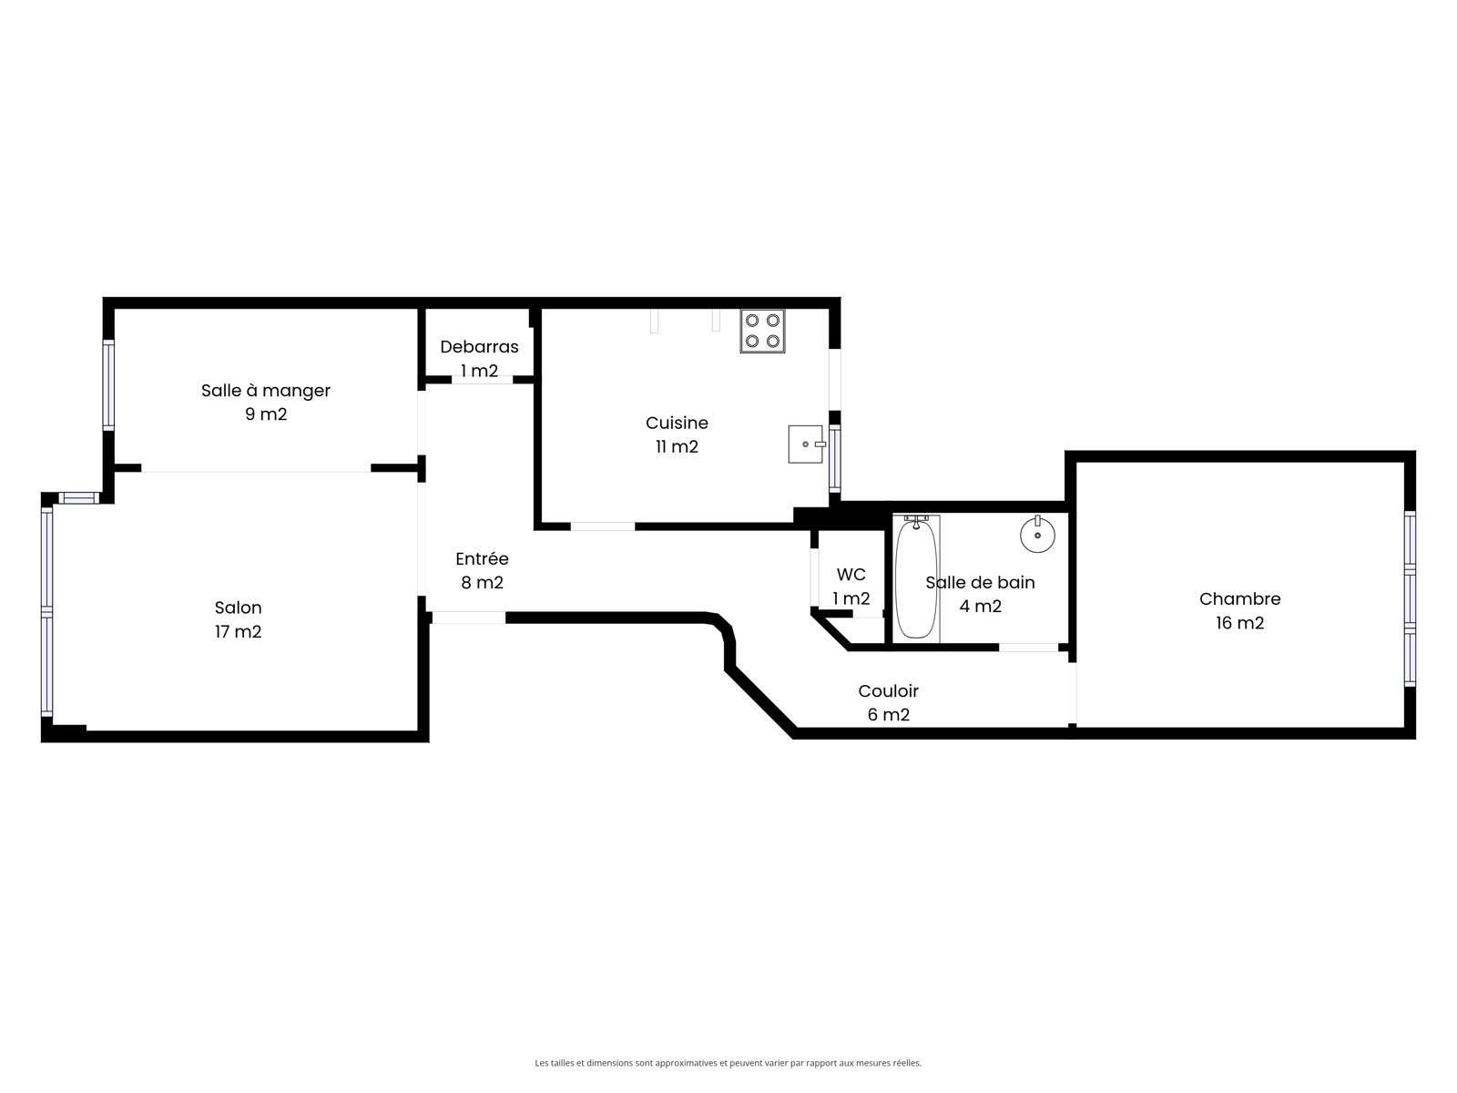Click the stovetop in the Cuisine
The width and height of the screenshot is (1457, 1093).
762,331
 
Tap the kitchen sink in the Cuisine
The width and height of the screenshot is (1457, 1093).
807,444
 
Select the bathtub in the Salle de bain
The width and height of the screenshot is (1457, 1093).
916,577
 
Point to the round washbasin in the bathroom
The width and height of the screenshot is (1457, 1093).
1037,535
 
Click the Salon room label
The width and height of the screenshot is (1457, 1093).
238,608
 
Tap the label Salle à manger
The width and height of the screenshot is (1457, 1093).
266,390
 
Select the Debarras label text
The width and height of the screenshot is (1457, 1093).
479,346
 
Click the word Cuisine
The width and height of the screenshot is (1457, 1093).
677,423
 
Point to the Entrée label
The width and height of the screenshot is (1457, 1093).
482,558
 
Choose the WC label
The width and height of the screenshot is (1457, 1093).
851,574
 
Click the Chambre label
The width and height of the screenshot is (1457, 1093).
1239,598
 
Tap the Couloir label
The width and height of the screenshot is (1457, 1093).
888,690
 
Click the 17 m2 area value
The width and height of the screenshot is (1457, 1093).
238,632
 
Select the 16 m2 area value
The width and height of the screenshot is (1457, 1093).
1239,623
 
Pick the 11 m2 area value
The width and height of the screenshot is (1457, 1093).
677,446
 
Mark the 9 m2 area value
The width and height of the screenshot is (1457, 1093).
266,414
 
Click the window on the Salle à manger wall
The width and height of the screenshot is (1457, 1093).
108,385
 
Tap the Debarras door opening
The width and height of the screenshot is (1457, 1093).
482,380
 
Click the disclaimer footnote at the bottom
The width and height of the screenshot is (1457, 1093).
728,1063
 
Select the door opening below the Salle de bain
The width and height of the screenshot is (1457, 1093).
1028,647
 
